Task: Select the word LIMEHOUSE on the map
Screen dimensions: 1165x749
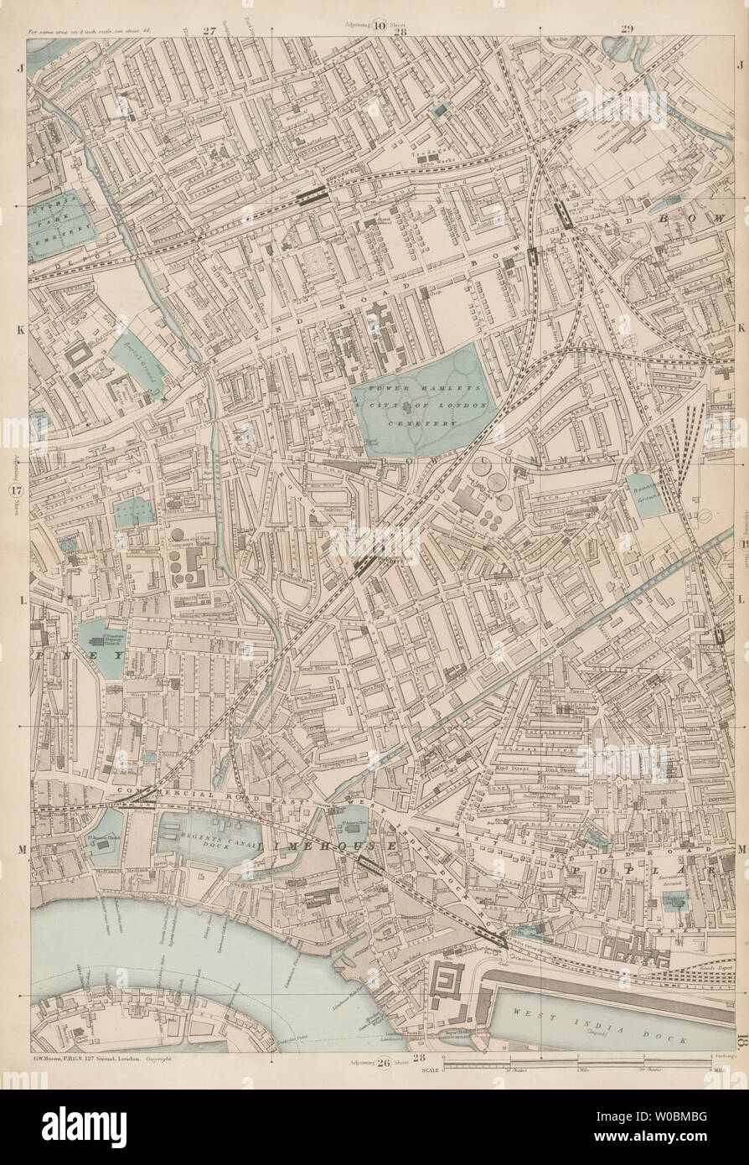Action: click(x=328, y=850)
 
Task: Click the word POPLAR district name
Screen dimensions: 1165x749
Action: click(x=640, y=872)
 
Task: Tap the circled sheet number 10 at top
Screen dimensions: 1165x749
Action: click(x=380, y=24)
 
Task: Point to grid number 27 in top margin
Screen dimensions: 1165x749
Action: click(x=209, y=31)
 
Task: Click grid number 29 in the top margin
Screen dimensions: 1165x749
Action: click(x=627, y=31)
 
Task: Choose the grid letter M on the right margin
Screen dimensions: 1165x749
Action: click(x=741, y=850)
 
